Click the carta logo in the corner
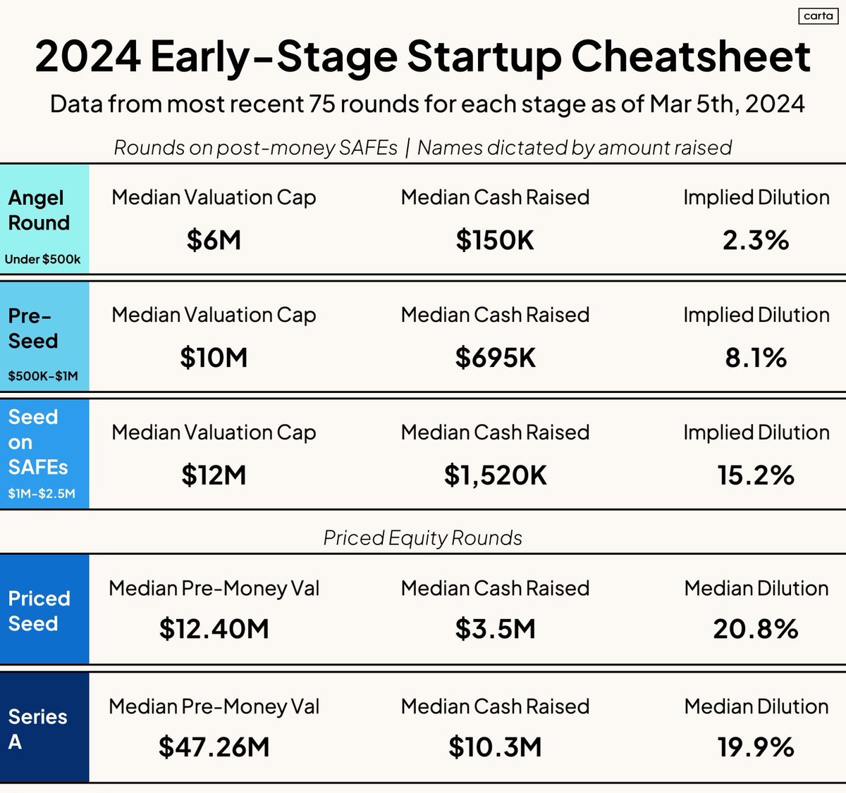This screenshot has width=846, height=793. [818, 16]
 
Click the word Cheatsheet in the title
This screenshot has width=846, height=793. [691, 56]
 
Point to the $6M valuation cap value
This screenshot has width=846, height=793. [214, 240]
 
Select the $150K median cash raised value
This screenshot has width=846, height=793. [495, 240]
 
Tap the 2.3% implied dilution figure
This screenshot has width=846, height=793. [756, 240]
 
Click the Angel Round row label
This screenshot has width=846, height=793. [39, 211]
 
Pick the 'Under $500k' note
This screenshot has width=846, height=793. [42, 259]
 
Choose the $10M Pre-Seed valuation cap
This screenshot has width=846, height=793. [214, 358]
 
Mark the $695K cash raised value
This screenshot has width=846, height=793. [495, 358]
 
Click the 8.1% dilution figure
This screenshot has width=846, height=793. [756, 358]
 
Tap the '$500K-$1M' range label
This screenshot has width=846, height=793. [43, 376]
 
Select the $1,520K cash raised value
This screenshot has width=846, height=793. [495, 475]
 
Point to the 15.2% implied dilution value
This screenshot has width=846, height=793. [756, 475]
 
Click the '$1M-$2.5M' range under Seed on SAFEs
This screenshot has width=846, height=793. [42, 494]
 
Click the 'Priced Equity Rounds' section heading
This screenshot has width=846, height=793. [422, 538]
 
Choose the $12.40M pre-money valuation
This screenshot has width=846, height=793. [214, 629]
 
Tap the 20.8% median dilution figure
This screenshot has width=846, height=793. [756, 629]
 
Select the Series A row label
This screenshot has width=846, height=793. [37, 729]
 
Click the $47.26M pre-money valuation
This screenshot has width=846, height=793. [214, 747]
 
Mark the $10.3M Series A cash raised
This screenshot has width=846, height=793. [495, 747]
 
